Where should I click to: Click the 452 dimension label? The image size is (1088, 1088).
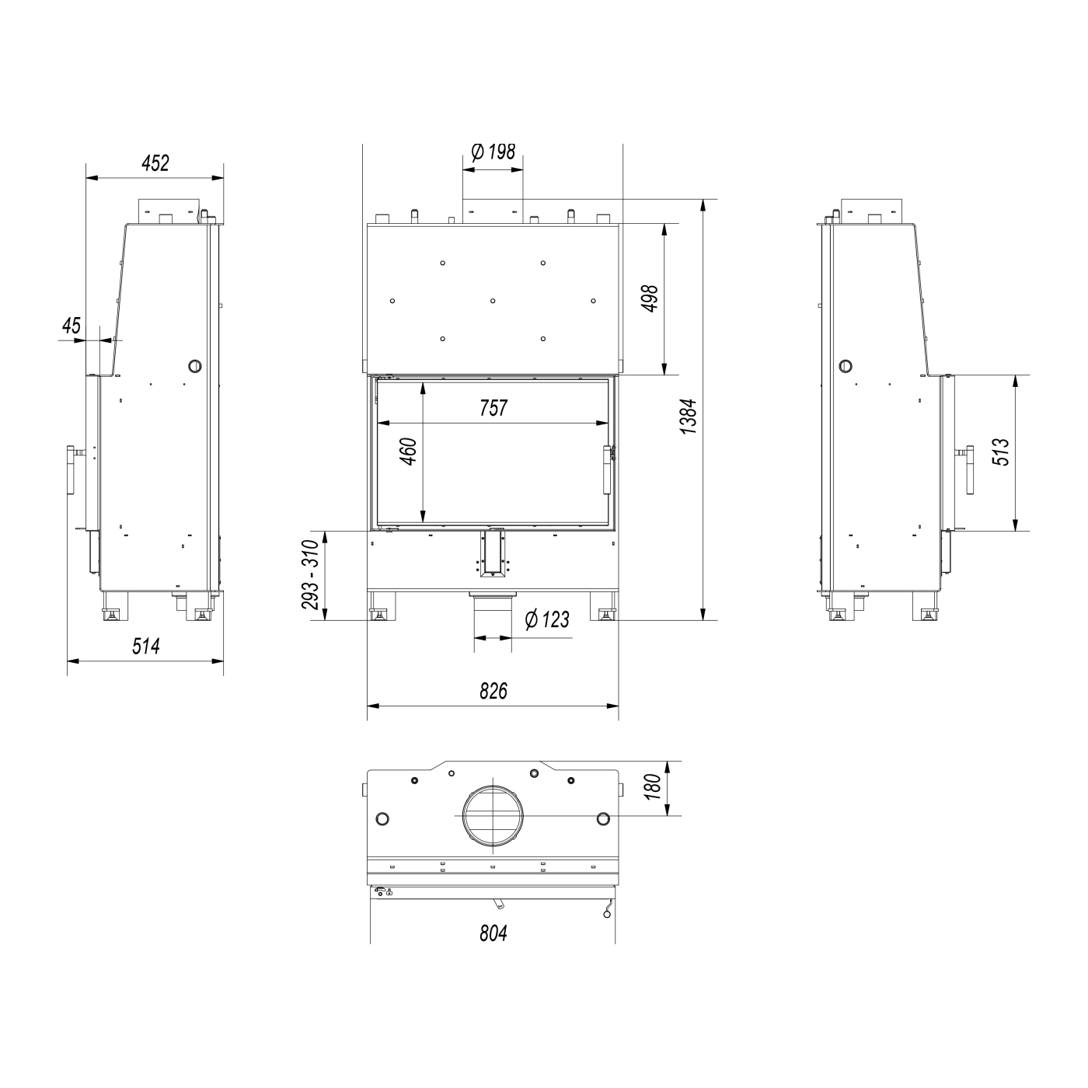[155, 163]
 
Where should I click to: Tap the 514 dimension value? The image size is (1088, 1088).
[146, 646]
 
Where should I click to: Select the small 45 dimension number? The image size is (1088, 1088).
[71, 326]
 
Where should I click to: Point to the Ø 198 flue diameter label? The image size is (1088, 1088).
[493, 152]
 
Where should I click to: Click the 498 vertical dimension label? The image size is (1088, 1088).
[650, 298]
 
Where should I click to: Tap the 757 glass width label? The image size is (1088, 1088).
[493, 408]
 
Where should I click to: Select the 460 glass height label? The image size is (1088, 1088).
[408, 452]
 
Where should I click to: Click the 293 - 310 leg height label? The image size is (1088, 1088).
[311, 575]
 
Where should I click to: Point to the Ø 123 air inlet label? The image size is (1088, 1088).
[547, 619]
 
